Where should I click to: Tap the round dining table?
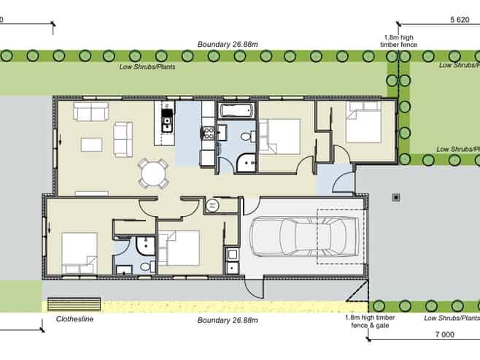coord(154,174)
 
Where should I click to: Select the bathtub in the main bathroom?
coord(236,112)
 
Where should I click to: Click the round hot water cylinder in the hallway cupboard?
coord(212,205)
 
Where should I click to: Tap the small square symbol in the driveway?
coord(396,196)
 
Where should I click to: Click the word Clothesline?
coord(75,320)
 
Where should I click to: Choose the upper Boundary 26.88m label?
coord(228,45)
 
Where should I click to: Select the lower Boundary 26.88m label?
coord(228,320)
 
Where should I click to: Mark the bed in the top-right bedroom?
coord(363,122)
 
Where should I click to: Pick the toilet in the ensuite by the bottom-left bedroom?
coord(144,267)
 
